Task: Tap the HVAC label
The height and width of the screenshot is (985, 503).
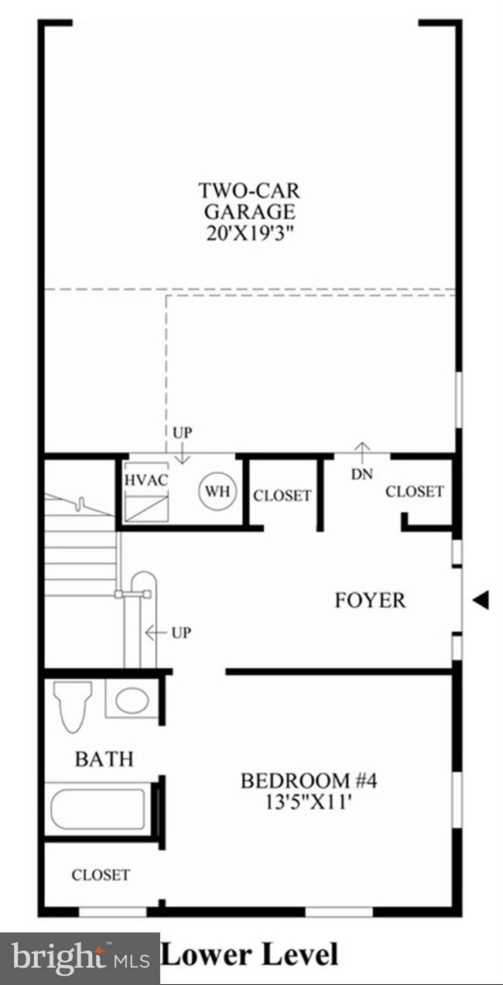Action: [146, 479]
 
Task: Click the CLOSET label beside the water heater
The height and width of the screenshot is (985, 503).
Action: [282, 496]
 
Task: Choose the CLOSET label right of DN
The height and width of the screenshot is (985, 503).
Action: [415, 491]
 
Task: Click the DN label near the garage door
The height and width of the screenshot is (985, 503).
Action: [361, 475]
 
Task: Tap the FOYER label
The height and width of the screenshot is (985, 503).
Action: [370, 600]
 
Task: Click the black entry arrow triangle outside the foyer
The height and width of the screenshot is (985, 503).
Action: [481, 599]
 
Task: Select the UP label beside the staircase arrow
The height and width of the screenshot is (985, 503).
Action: [181, 633]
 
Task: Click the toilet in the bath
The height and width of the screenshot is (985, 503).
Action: [73, 705]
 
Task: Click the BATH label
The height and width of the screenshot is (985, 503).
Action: [104, 759]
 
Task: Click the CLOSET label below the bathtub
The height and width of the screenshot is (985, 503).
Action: [101, 875]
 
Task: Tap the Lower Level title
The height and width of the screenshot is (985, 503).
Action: [249, 953]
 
